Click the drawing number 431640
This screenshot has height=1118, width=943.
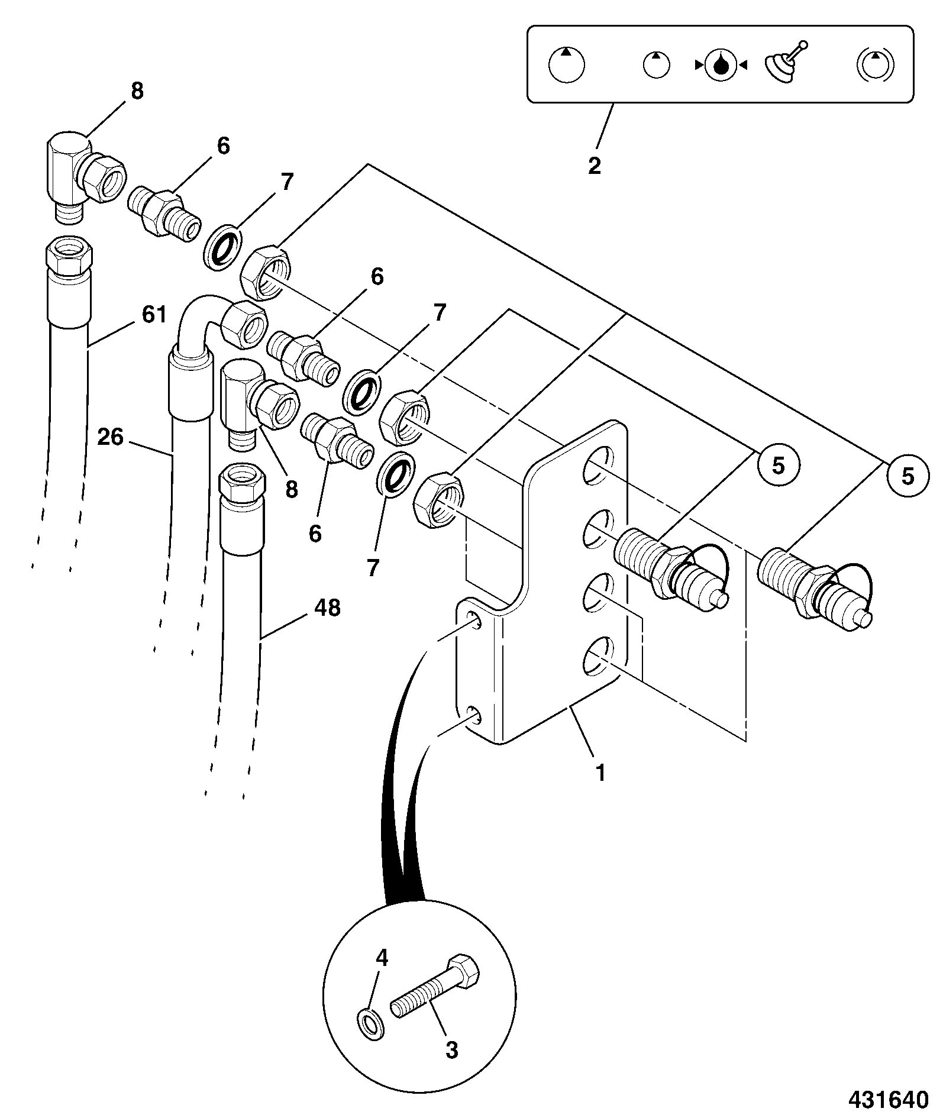click(888, 1099)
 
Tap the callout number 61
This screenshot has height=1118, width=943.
click(154, 314)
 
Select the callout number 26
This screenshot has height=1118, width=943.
click(111, 437)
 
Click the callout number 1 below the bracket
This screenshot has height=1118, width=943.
click(600, 773)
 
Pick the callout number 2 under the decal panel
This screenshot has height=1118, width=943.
click(594, 166)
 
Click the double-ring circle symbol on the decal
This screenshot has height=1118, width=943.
click(876, 64)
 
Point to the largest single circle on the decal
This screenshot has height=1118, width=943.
click(566, 64)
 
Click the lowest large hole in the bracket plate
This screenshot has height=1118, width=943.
click(597, 656)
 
